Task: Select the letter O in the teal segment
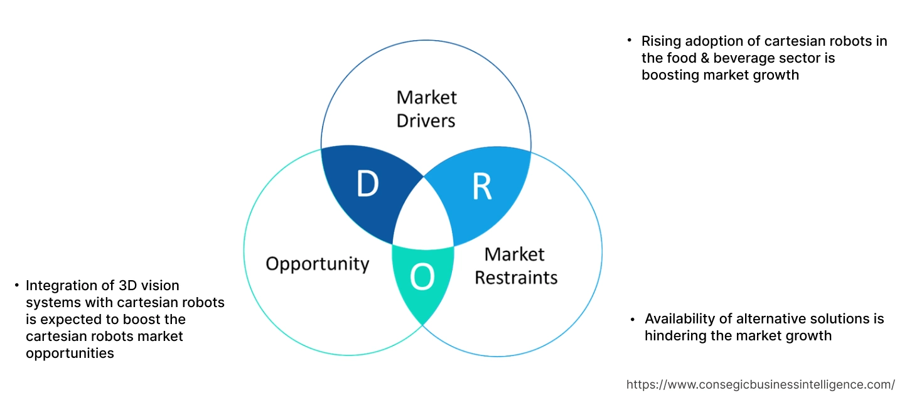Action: coord(422,278)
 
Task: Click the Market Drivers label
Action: coord(426,108)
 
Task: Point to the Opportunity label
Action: coord(317,263)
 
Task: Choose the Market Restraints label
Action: coord(515,265)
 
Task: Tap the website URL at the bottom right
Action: coord(761,384)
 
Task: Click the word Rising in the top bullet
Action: coord(660,41)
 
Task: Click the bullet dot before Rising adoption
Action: coord(629,40)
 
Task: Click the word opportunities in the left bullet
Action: coord(70,353)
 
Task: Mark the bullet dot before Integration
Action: coord(17,285)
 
